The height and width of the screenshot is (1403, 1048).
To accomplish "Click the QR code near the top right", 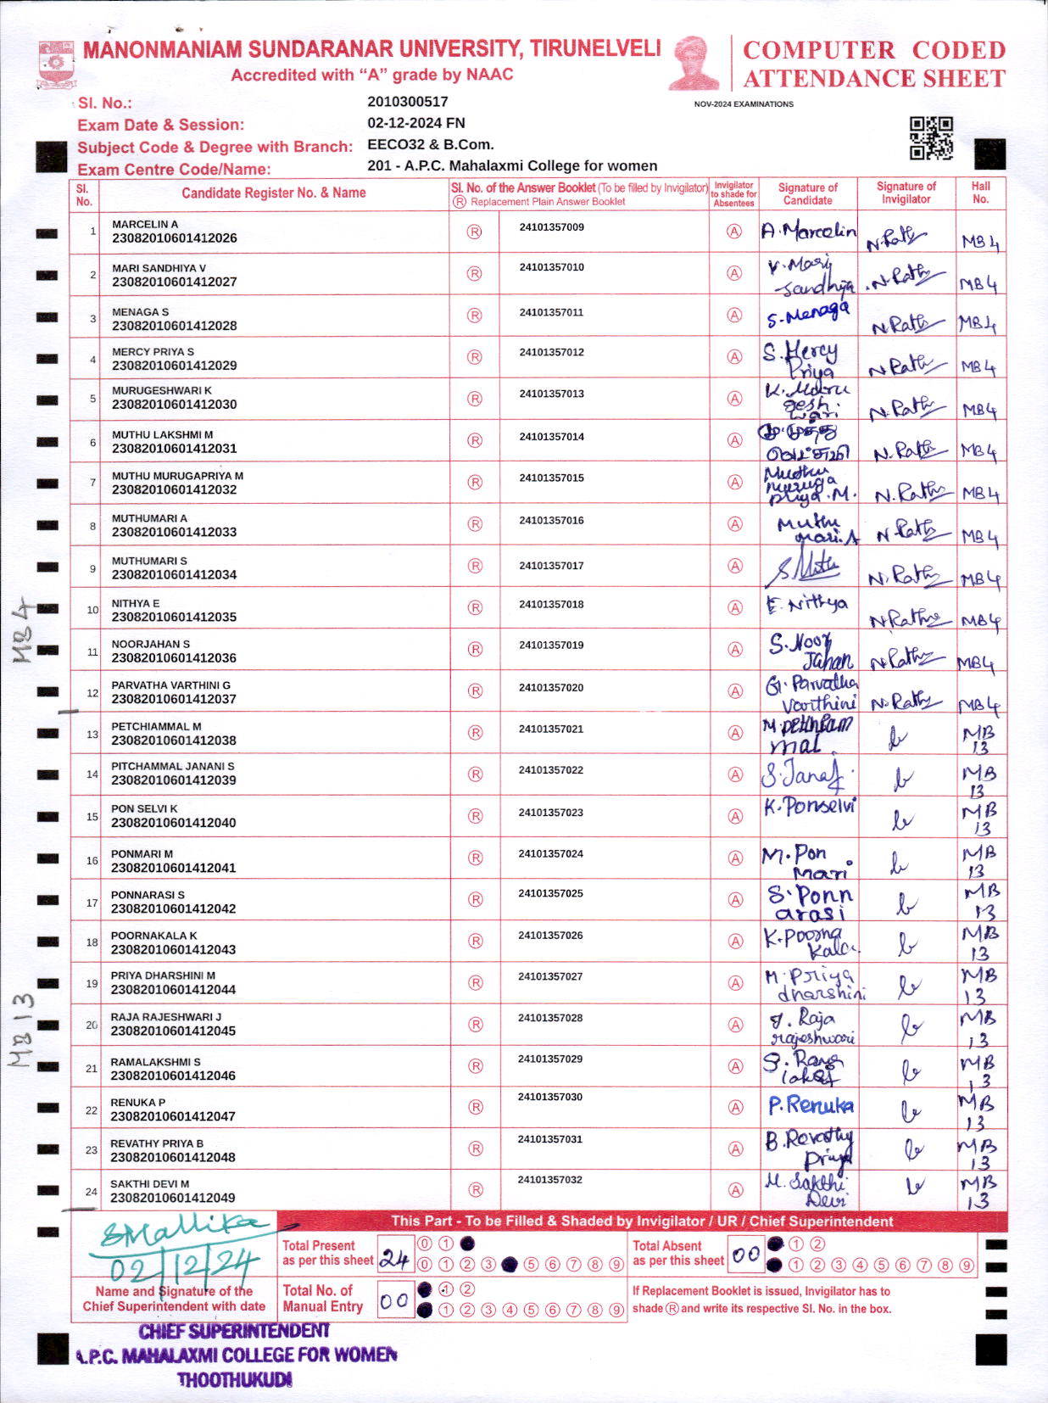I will coord(931,138).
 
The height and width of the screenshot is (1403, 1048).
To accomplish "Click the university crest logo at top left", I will coord(56,64).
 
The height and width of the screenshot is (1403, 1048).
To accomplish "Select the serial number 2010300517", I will coord(408,102).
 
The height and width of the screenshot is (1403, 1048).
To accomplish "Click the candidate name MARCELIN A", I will coord(145,224).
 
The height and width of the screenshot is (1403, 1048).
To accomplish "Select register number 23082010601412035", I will coord(174,617).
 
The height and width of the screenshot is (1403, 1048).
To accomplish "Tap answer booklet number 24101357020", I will coord(551,687).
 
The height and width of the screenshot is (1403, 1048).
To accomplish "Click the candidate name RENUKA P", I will coord(138,1103).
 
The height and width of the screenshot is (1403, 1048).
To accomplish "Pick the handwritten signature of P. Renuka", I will coord(810,1105).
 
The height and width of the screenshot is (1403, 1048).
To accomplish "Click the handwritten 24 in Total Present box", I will coord(394,1259).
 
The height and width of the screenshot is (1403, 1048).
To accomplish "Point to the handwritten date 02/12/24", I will coord(182,1268).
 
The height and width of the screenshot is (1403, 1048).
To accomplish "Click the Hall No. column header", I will coord(980,193).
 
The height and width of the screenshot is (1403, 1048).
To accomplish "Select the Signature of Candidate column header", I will coord(807,193).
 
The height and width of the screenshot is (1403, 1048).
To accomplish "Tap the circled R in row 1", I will coord(475,232).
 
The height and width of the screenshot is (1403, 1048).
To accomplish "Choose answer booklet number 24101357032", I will coord(550,1179).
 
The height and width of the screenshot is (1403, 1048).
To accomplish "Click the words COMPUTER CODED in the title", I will coord(873,50).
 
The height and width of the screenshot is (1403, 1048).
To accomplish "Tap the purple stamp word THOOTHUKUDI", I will coord(235,1380).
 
